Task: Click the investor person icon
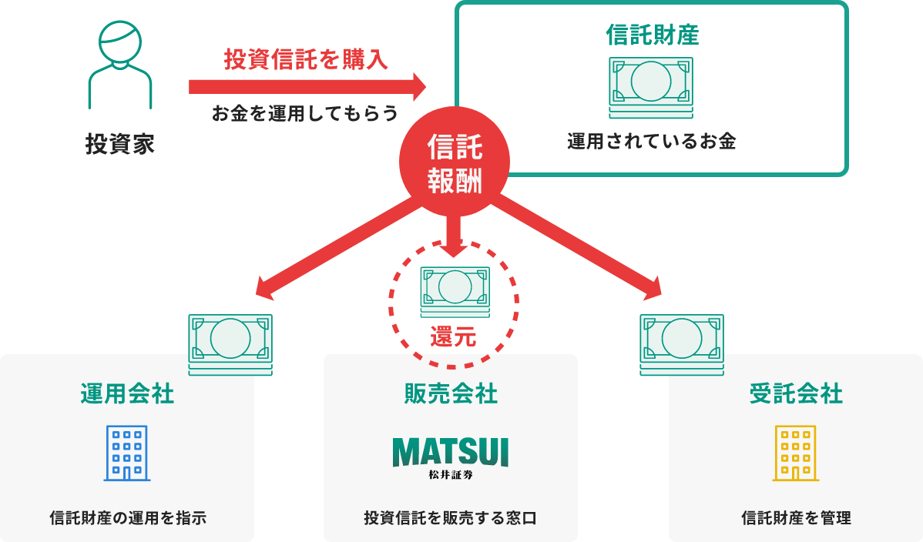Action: coord(120,65)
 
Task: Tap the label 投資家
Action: coord(120,144)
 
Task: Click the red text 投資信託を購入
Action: coord(306,59)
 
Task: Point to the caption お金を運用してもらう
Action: coord(305,113)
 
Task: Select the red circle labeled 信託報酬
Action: coord(455,162)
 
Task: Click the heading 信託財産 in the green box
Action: coord(653,35)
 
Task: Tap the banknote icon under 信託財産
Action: coord(651,88)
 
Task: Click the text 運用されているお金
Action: coord(652,141)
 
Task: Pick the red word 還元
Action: coord(453,337)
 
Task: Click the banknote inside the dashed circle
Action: coord(455,291)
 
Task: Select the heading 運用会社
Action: coord(127,393)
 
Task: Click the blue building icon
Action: coord(127,453)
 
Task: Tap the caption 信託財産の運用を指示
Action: coord(128,518)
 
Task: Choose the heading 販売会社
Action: coord(451,393)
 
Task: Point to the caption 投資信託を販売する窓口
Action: coord(450,518)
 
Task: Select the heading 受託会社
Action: coord(796,393)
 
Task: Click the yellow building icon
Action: coord(796,453)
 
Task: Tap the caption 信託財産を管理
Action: coord(796,518)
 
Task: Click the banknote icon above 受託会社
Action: coord(682,345)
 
